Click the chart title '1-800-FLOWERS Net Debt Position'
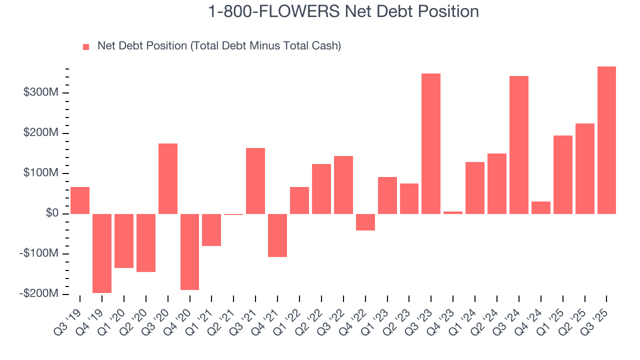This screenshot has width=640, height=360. (x=343, y=11)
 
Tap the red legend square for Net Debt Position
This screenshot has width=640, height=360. (x=86, y=46)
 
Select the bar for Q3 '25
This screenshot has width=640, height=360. (x=606, y=140)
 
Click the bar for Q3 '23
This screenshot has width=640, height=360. (x=430, y=143)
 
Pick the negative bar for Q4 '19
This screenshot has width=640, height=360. (x=102, y=253)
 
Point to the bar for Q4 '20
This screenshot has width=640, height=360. (x=190, y=251)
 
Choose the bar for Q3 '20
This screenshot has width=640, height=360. (x=168, y=178)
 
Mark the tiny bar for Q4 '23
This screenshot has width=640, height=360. (x=452, y=212)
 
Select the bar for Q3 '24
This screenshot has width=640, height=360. (x=518, y=145)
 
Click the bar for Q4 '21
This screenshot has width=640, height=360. (x=277, y=235)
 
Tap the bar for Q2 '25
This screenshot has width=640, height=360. (x=584, y=168)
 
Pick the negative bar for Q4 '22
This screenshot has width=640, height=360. (x=365, y=222)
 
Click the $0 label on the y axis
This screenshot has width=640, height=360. (x=51, y=214)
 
